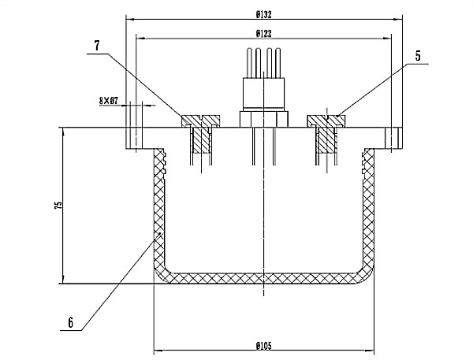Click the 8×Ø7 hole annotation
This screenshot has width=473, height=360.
[x=108, y=101]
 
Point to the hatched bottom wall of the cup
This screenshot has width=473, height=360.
[x=264, y=278]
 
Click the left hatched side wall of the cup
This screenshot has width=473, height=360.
[x=158, y=213]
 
